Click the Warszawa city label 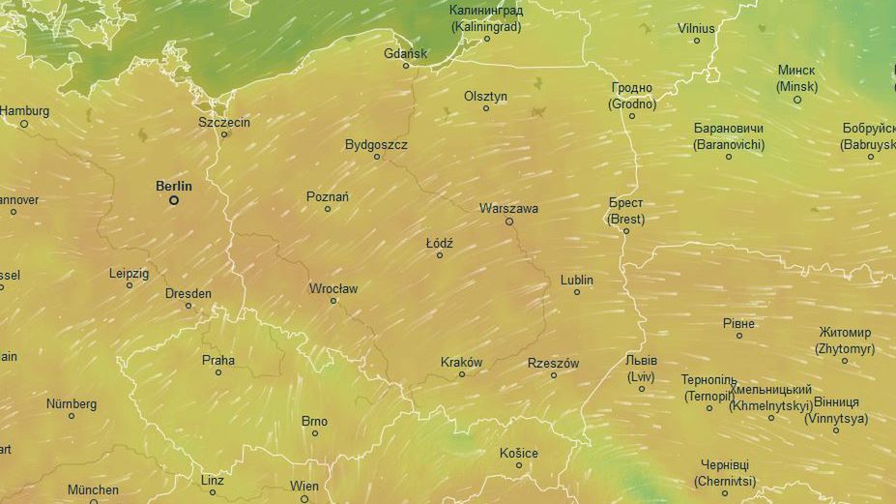pyautogui.click(x=508, y=208)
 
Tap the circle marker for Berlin pyautogui.click(x=174, y=200)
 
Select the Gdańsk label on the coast pyautogui.click(x=405, y=53)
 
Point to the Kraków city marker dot pyautogui.click(x=462, y=374)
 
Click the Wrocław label pyautogui.click(x=333, y=288)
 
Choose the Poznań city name pyautogui.click(x=328, y=196)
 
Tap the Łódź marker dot pyautogui.click(x=440, y=255)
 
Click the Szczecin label pyautogui.click(x=224, y=122)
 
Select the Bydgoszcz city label pyautogui.click(x=376, y=144)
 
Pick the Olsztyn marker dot pyautogui.click(x=486, y=108)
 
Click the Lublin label pyautogui.click(x=577, y=280)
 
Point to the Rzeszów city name pyautogui.click(x=553, y=363)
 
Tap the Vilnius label pyautogui.click(x=696, y=28)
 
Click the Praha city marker pyautogui.click(x=218, y=372)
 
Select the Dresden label pyautogui.click(x=188, y=293)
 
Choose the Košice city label pyautogui.click(x=519, y=453)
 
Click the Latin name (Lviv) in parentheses pyautogui.click(x=641, y=375)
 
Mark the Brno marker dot pyautogui.click(x=314, y=433)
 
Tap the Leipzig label pyautogui.click(x=129, y=274)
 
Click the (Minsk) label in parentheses pyautogui.click(x=796, y=86)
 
